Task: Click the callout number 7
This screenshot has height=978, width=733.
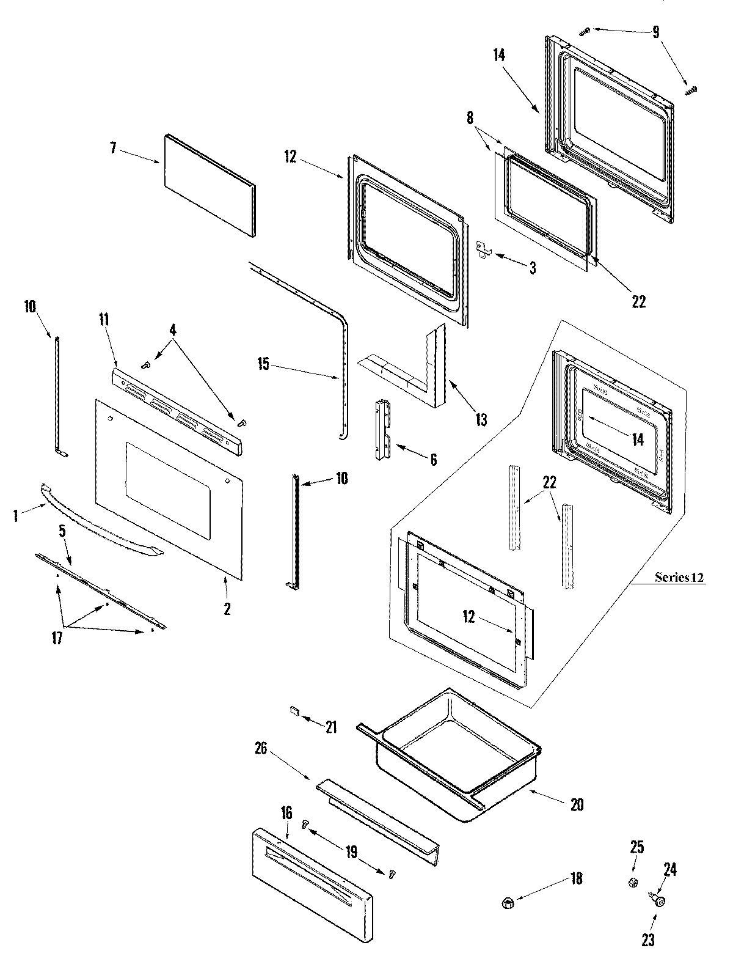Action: [113, 149]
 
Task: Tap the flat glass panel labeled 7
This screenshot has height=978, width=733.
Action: [209, 185]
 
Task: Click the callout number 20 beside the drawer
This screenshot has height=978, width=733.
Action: [577, 804]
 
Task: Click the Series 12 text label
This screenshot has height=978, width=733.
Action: [679, 577]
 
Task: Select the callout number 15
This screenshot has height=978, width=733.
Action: [263, 366]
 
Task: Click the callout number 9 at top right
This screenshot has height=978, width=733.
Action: [655, 32]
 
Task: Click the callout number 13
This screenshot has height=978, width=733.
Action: [481, 420]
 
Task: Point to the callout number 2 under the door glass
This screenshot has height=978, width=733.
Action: [227, 609]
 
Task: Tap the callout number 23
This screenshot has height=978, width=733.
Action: [648, 940]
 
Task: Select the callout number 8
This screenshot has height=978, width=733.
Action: [470, 118]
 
